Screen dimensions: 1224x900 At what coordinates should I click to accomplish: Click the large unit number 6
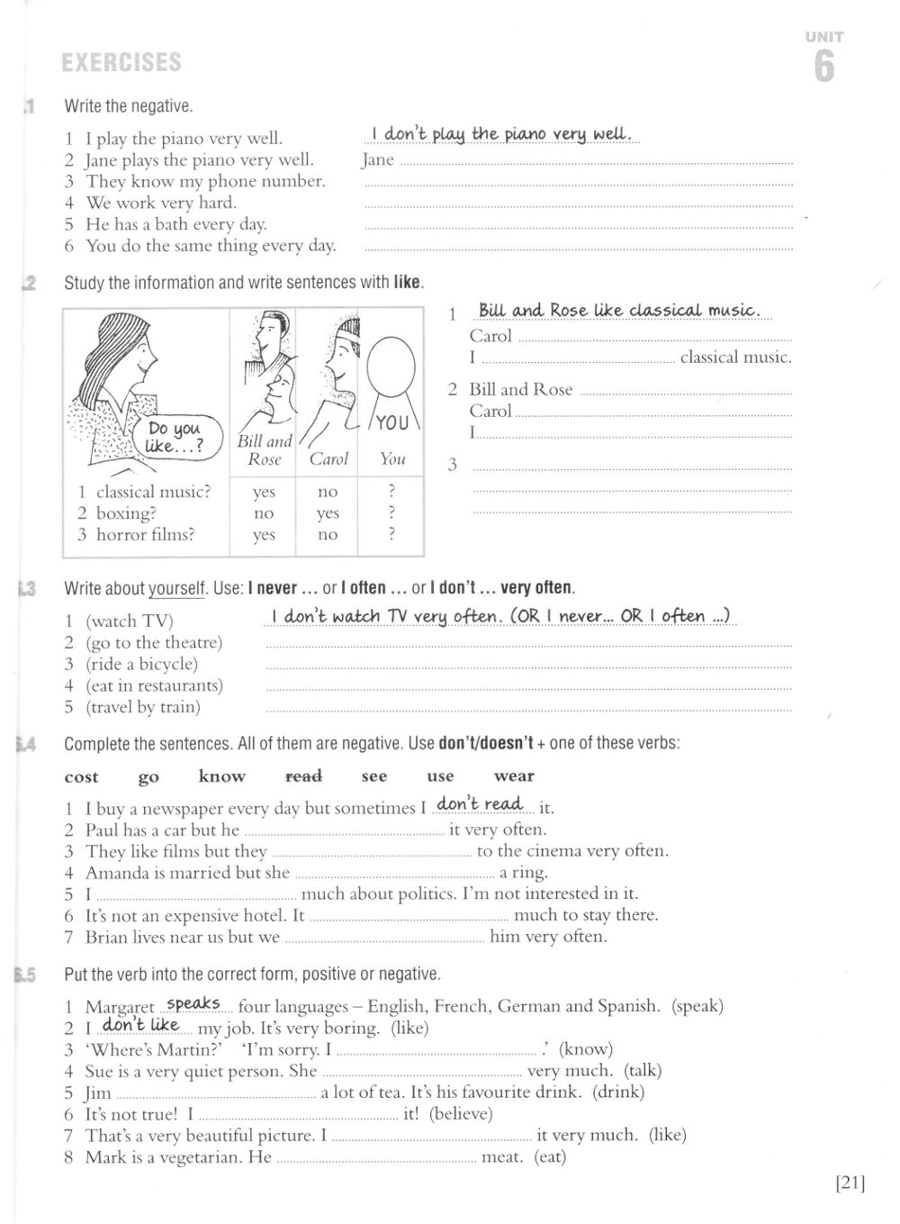coord(823,67)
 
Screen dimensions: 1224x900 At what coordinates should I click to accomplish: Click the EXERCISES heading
coord(121,63)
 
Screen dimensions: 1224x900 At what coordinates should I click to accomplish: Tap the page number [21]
coord(850,1183)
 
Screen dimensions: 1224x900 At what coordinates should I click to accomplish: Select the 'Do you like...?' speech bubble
coord(175,438)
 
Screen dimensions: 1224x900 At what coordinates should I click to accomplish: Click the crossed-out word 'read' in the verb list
coord(303,775)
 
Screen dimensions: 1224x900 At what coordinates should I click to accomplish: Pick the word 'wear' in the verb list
coord(514,775)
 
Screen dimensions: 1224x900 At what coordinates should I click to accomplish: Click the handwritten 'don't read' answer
coord(479,803)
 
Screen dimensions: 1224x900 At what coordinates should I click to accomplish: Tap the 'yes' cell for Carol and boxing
coord(328,513)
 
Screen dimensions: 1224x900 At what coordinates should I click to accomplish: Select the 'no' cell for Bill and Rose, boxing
coord(263,513)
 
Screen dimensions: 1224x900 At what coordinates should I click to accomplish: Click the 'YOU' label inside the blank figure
coord(391,422)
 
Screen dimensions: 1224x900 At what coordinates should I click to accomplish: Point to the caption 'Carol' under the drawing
coord(328,459)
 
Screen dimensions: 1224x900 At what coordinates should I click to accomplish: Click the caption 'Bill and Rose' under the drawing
coord(265,449)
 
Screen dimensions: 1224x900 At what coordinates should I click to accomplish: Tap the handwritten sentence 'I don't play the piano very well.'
coord(503,134)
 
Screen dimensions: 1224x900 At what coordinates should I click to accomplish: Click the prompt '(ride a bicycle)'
coord(141,664)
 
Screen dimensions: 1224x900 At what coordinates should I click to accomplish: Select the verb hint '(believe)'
coord(461,1114)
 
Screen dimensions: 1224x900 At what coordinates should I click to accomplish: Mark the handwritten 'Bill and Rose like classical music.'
coord(620,311)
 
